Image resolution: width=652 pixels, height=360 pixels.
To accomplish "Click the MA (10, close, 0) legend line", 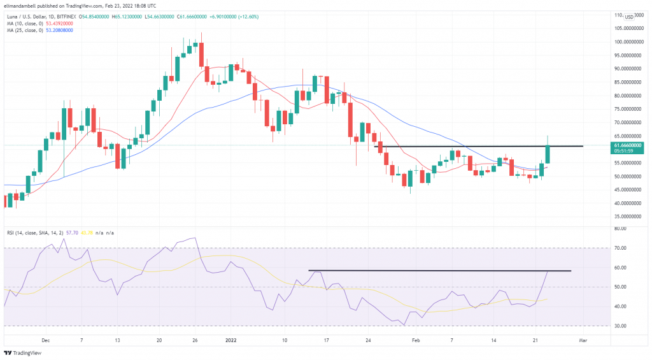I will [x=38, y=22].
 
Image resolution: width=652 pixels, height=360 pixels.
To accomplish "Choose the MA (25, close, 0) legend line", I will [x=38, y=30].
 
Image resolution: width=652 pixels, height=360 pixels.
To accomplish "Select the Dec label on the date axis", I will [x=45, y=341].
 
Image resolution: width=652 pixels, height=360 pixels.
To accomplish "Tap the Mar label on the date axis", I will [x=583, y=341].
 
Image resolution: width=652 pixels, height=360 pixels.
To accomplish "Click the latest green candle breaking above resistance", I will [x=548, y=154].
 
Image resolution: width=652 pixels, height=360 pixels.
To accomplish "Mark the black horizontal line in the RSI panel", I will [x=439, y=271].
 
